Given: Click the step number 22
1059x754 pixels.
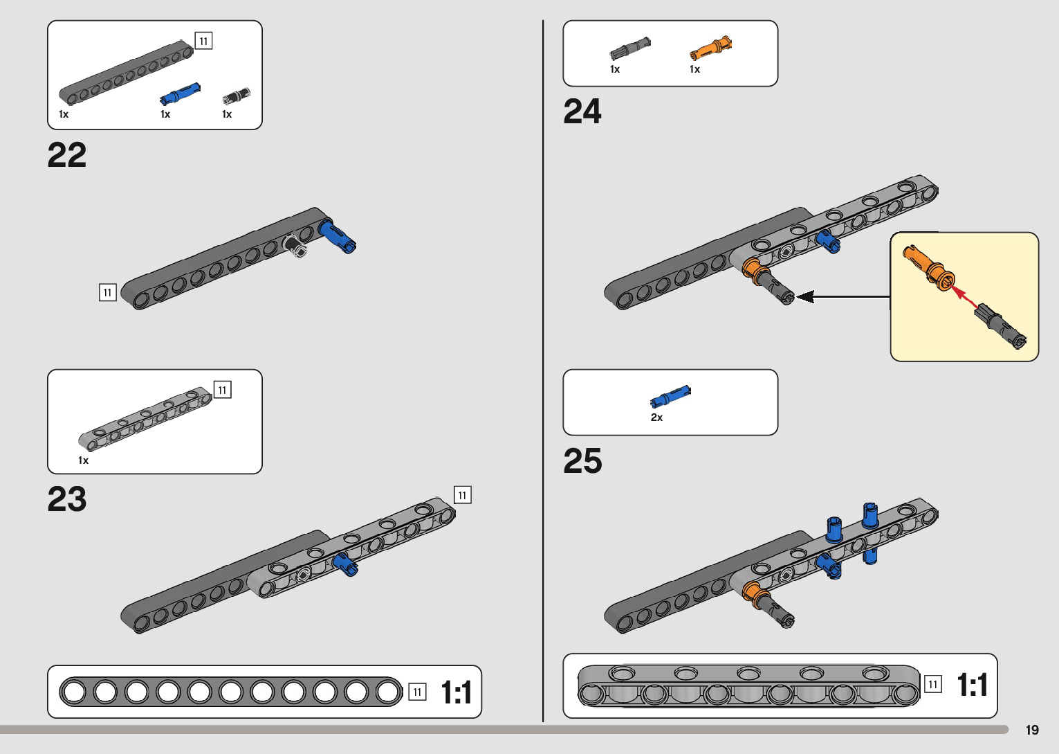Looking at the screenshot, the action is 66,155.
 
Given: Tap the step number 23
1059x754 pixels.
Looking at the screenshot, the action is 66,499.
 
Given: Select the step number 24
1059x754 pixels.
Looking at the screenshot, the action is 582,111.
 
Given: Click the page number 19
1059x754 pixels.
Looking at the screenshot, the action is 1032,730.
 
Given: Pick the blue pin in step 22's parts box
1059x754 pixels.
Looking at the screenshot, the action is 180,93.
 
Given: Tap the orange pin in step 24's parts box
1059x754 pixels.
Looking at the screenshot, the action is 710,48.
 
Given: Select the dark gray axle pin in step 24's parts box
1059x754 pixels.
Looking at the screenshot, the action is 629,48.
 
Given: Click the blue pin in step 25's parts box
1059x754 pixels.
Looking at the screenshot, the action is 670,396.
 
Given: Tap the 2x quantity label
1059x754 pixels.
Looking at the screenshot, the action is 656,418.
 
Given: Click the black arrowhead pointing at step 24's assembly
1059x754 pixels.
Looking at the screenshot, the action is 805,297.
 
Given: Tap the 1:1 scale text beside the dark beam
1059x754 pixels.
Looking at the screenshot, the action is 457,692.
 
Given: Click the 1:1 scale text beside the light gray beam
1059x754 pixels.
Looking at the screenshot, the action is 973,685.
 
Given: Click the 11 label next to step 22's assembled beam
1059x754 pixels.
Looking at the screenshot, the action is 108,292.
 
